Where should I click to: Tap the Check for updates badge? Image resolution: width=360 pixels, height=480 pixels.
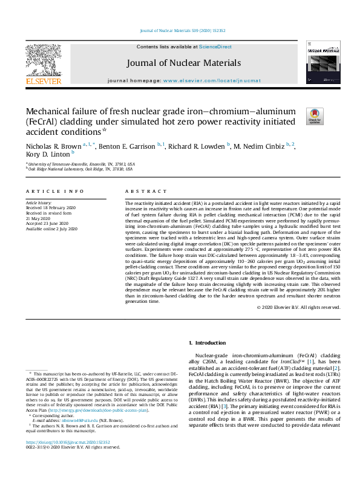point(315,116)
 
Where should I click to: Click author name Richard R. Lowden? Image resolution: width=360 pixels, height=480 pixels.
point(198,146)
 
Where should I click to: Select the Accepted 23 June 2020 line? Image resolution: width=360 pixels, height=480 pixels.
point(45,224)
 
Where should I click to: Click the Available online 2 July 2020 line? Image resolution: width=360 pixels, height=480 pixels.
point(52,229)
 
